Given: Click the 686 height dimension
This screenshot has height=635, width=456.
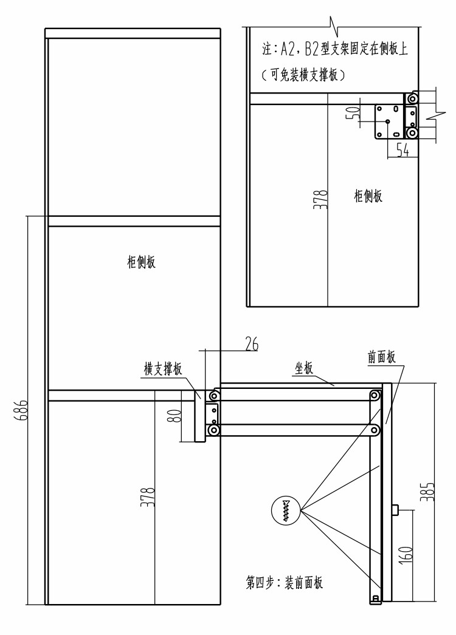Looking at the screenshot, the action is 22,412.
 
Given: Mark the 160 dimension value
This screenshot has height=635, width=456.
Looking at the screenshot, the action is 407,554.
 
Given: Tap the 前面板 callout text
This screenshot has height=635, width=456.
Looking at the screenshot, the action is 381,357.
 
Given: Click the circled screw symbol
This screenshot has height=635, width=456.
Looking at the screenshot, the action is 285,509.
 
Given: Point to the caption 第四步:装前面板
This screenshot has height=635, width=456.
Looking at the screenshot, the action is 284,583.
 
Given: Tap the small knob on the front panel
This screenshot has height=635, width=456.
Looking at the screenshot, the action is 395,510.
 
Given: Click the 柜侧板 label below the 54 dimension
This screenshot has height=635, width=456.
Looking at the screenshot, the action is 368,196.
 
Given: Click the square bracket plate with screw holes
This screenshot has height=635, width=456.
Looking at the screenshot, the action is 389,120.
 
